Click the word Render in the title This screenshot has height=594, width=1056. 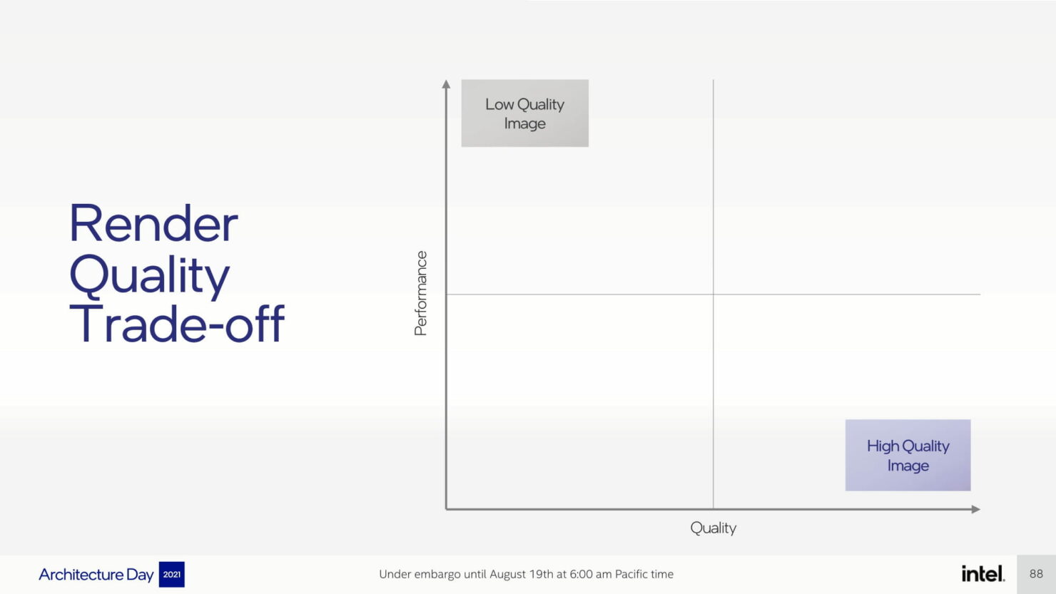153,223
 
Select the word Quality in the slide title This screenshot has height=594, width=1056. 149,275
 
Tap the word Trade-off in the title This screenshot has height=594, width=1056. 177,324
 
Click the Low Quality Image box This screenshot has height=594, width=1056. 524,113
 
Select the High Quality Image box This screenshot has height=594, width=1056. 908,455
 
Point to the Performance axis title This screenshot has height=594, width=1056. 420,293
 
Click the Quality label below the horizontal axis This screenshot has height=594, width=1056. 714,528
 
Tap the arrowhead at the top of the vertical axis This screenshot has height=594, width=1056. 446,84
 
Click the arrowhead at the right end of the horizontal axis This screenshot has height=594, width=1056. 976,509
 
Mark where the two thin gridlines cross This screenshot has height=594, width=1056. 714,295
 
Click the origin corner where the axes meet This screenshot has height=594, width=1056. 446,509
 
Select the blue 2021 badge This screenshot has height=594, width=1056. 171,574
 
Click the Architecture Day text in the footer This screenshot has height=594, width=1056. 96,575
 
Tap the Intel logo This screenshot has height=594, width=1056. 983,574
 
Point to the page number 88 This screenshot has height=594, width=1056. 1036,574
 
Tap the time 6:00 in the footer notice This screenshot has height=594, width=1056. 581,574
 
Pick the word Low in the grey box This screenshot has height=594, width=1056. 499,104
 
